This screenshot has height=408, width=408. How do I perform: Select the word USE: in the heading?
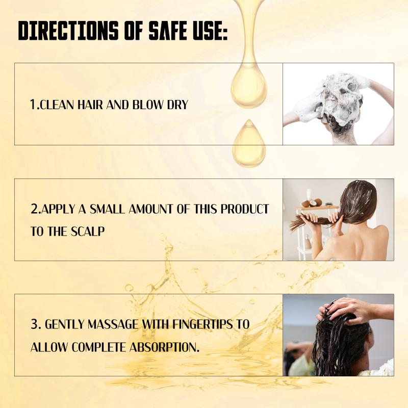pyautogui.click(x=210, y=31)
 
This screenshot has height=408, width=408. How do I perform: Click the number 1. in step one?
pyautogui.click(x=35, y=105)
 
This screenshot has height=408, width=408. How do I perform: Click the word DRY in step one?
pyautogui.click(x=177, y=105)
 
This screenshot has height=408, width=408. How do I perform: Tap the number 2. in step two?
pyautogui.click(x=36, y=209)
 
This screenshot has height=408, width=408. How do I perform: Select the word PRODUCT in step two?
pyautogui.click(x=245, y=209)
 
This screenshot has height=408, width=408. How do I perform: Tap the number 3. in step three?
pyautogui.click(x=36, y=324)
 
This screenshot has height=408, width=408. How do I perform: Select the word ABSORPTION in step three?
pyautogui.click(x=164, y=347)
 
